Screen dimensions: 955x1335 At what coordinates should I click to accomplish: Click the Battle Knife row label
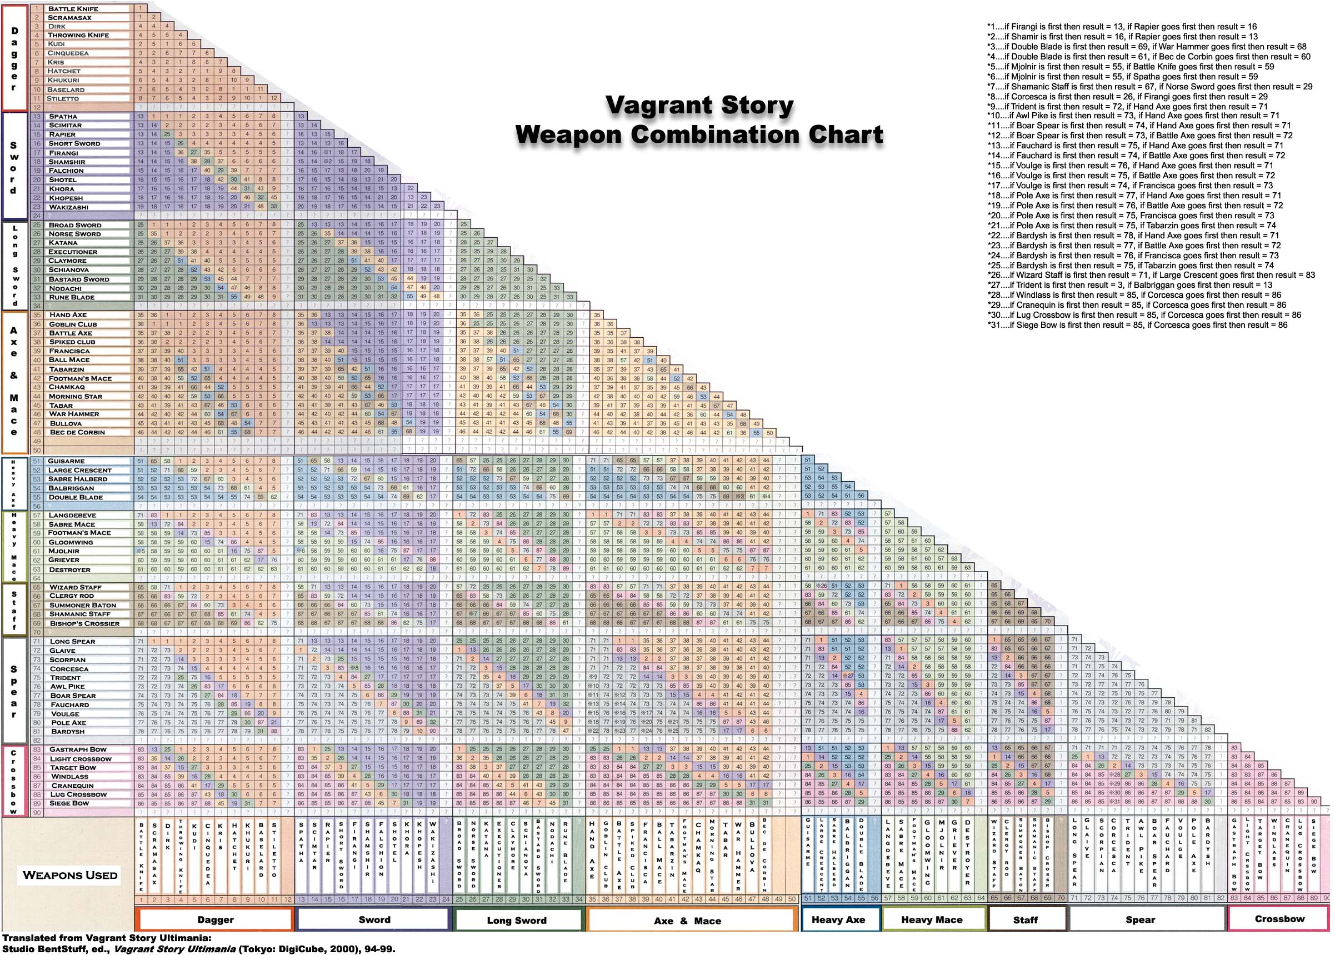[73, 9]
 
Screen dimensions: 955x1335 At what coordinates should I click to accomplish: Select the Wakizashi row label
[69, 207]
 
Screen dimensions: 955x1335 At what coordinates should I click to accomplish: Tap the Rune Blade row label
[71, 297]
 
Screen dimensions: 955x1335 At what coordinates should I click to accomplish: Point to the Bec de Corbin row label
[77, 432]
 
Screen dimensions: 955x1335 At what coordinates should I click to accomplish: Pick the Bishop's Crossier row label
[84, 623]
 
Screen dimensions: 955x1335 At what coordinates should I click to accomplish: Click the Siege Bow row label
[69, 803]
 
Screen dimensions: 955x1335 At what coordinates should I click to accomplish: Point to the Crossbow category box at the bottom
[1279, 919]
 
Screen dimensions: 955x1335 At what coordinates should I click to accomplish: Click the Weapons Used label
[70, 875]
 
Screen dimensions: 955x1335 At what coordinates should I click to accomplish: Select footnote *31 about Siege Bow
[1136, 324]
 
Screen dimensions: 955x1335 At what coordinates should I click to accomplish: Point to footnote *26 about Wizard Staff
[1151, 274]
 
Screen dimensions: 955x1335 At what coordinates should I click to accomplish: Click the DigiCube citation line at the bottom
[199, 948]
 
